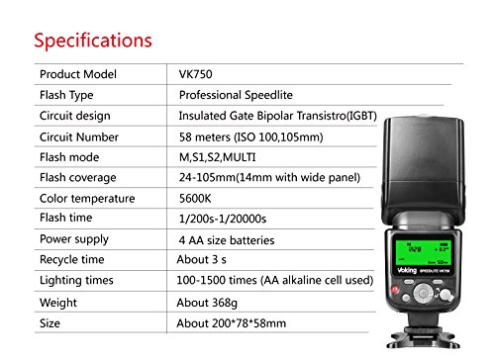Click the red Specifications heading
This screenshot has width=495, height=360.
(x=93, y=41)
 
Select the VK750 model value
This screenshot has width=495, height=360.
(x=197, y=75)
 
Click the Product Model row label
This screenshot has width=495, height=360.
(x=78, y=75)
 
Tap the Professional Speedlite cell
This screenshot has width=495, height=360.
(x=235, y=96)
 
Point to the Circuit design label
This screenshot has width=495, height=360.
(x=75, y=116)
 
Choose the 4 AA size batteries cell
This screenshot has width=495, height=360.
(x=227, y=239)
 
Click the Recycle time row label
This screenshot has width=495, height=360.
(x=72, y=259)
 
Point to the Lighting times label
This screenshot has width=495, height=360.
(x=77, y=280)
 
